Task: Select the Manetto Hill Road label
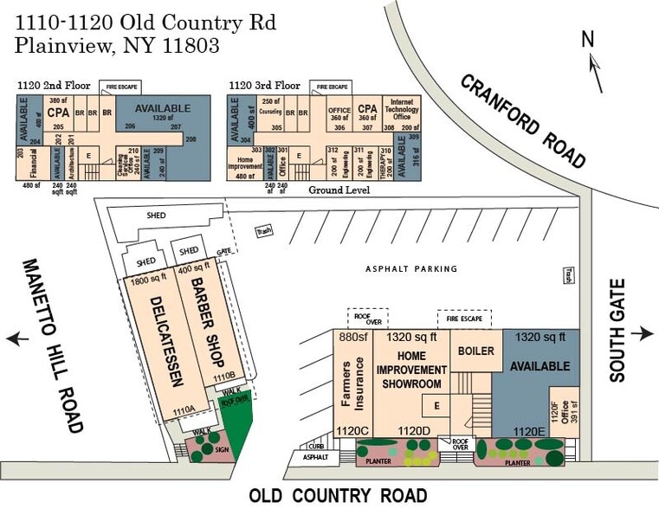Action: (x=51, y=345)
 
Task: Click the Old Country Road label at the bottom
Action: (x=338, y=495)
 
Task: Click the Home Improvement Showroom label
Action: (x=410, y=369)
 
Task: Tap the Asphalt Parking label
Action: (x=410, y=269)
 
